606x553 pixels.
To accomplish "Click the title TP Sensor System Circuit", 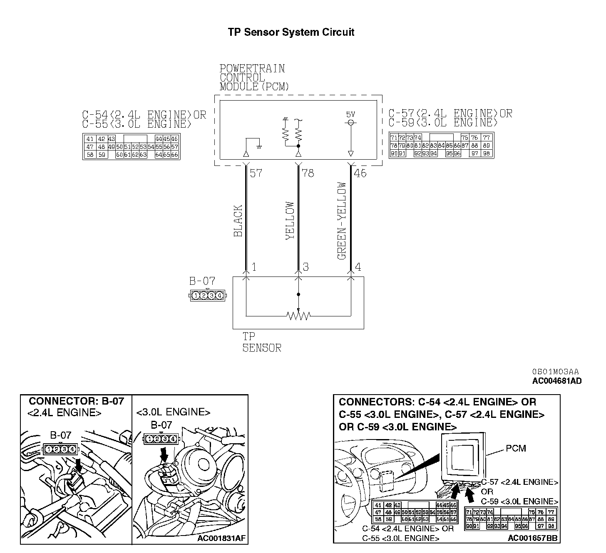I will (291, 32).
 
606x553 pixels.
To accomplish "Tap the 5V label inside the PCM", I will (350, 114).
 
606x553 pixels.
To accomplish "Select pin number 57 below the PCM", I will (256, 173).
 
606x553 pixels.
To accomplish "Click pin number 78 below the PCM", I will (308, 173).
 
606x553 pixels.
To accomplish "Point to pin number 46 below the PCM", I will (360, 173).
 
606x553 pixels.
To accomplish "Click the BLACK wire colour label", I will (238, 221).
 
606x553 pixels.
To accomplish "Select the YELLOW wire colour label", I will (290, 221).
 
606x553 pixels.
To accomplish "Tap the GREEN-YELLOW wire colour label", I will (342, 221).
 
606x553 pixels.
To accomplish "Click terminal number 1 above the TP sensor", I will (254, 267).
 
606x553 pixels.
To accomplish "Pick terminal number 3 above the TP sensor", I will (306, 267).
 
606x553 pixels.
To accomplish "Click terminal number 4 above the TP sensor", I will (358, 267).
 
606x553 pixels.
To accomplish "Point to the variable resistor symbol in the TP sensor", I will (298, 316).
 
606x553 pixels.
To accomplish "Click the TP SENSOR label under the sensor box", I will (261, 342).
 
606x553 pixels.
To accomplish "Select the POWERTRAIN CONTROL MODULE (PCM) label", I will (254, 78).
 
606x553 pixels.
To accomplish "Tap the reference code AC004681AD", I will (557, 381).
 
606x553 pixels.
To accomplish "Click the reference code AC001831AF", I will (221, 539).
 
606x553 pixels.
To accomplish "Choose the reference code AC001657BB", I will (532, 538).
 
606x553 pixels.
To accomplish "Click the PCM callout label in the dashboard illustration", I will (516, 448).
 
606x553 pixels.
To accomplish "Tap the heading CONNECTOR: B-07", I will (76, 401).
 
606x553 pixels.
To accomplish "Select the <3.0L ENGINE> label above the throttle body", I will (173, 412).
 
